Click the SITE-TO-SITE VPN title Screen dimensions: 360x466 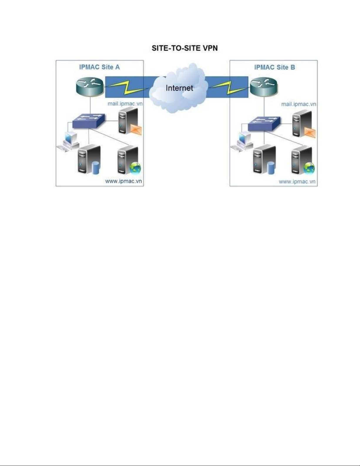[x=185, y=48]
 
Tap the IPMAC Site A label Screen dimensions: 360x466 [x=99, y=67]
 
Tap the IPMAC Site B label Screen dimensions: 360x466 [x=274, y=67]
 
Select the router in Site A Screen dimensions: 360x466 [x=90, y=87]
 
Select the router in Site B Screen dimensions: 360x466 [x=264, y=87]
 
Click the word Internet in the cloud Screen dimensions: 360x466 [x=179, y=88]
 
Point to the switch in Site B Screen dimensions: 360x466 [x=264, y=124]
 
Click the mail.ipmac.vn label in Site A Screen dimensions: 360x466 [x=125, y=104]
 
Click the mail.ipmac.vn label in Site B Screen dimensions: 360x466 [x=299, y=104]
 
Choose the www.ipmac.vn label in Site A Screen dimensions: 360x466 [x=123, y=181]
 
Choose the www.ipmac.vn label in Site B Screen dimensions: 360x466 [x=297, y=182]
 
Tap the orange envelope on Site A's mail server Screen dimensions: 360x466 [x=136, y=130]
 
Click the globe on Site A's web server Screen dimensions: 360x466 [x=135, y=168]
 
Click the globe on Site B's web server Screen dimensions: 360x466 [x=309, y=168]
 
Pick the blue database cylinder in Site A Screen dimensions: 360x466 [x=96, y=168]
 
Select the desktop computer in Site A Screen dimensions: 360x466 [x=68, y=141]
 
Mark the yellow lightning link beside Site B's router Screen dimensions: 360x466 [x=229, y=88]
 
